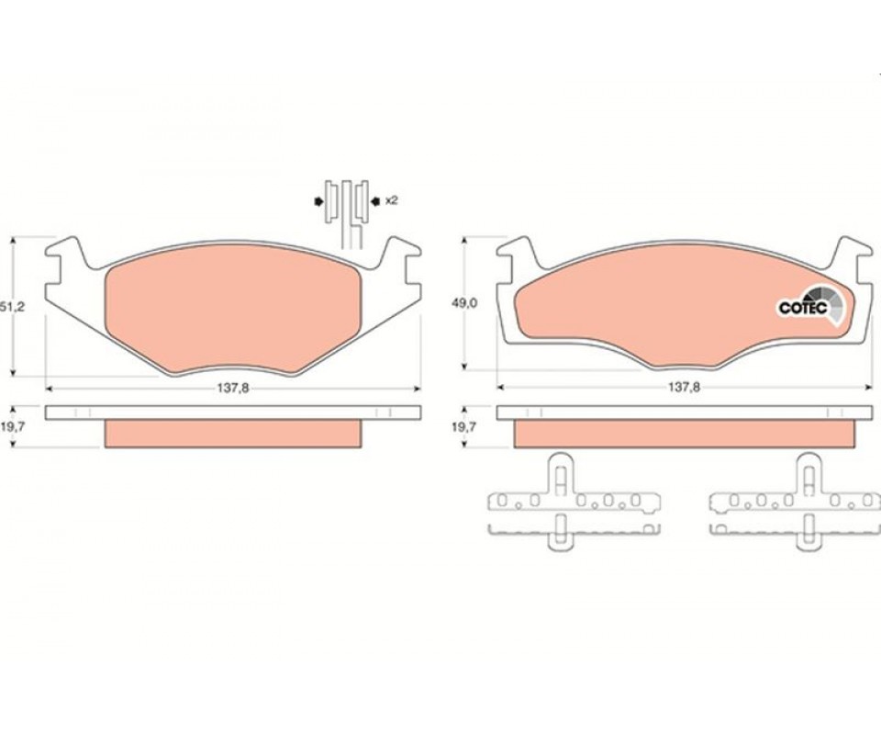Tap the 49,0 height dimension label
[464, 303]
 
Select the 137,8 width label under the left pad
[232, 388]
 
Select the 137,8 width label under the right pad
[683, 388]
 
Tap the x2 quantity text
[391, 200]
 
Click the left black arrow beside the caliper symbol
[318, 201]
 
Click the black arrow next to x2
[375, 200]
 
